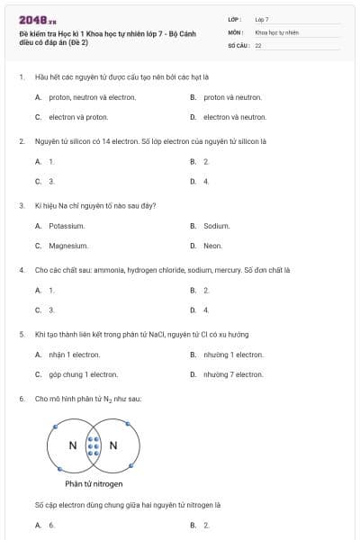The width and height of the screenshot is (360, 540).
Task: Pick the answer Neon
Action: [212, 246]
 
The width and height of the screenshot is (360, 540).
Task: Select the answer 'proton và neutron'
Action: [232, 97]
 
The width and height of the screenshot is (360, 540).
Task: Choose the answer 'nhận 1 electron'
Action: [75, 355]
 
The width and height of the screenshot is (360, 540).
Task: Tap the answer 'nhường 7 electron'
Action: [233, 374]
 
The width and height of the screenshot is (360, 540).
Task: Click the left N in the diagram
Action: [73, 445]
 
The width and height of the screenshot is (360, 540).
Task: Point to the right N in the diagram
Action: [113, 445]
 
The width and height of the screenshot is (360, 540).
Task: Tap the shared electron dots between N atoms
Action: [93, 445]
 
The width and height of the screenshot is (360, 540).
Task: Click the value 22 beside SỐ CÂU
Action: [258, 44]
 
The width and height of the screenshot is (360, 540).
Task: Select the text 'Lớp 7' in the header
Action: [262, 18]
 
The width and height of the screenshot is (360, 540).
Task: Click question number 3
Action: [22, 206]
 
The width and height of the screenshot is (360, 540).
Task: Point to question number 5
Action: [22, 335]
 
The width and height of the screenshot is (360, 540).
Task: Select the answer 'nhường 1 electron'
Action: [233, 355]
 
